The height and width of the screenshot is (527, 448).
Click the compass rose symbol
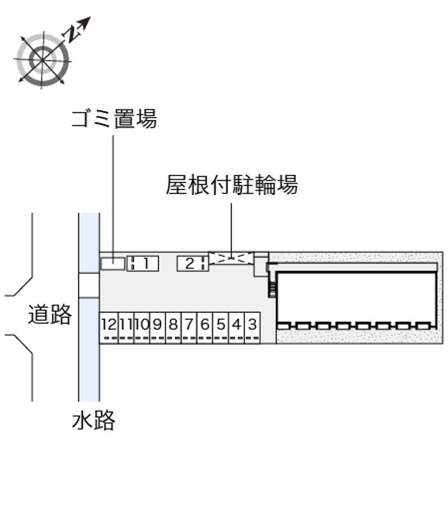pos(43,59)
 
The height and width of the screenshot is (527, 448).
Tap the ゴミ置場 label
pos(114,119)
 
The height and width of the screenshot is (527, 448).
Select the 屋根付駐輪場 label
pos(231,184)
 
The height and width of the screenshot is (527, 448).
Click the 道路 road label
pos(50,315)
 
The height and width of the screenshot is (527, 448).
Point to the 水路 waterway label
pos(93,419)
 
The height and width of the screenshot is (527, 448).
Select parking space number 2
pos(191,263)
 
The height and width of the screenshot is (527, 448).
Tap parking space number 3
pos(253,324)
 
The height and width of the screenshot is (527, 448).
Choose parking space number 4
pos(237,324)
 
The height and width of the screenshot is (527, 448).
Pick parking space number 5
pos(221,324)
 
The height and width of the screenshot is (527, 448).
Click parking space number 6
pos(205,324)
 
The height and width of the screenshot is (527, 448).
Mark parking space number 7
pos(189,324)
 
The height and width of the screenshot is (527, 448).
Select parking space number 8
pos(173,324)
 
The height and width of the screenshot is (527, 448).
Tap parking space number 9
pos(157,324)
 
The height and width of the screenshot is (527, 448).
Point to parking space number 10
pos(142,324)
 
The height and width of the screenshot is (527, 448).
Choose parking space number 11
pos(125,324)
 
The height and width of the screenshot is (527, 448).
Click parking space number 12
pos(109,324)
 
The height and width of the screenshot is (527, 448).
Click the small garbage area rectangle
pos(113,263)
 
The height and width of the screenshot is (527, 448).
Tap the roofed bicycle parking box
pos(231,258)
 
